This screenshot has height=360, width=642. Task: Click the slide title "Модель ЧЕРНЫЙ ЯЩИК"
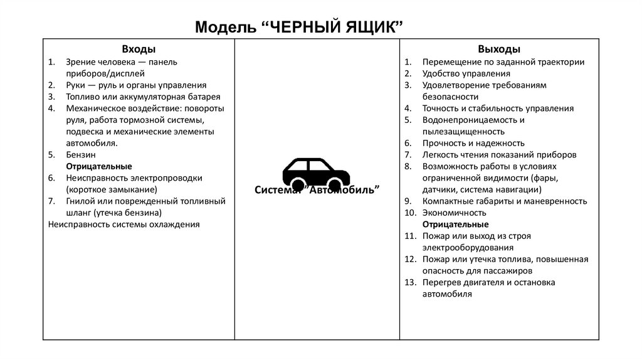[298, 27]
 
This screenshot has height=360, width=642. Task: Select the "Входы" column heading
[139, 49]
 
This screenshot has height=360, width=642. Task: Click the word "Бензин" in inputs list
[80, 154]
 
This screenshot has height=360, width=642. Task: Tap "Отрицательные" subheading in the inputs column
[98, 166]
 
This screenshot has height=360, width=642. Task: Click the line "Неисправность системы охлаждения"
[124, 224]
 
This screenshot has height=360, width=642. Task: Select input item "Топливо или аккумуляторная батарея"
[143, 97]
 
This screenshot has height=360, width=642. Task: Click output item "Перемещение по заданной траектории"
[503, 62]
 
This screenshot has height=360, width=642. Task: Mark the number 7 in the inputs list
[51, 201]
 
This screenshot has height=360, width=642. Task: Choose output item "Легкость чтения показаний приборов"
[499, 154]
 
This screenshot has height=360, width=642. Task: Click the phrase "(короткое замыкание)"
[111, 189]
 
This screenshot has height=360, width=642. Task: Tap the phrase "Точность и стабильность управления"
[498, 109]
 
